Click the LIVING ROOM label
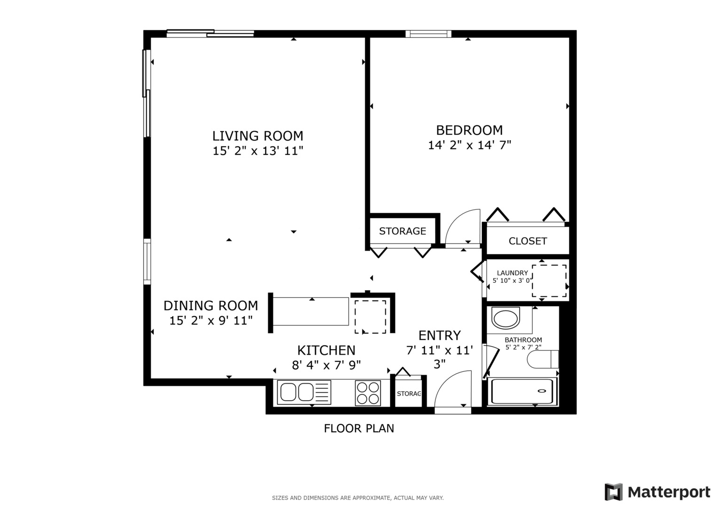258,136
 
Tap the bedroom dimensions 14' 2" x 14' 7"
469,145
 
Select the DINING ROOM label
211,306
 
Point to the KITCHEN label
326,350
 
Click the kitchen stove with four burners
368,393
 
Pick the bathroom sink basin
505,318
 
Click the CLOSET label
528,241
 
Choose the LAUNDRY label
512,273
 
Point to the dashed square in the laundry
549,281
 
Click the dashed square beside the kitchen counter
370,317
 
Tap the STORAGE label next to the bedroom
402,231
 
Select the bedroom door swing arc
463,228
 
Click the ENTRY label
439,335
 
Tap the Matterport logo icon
613,492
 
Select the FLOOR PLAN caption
359,429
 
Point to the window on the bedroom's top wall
428,34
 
